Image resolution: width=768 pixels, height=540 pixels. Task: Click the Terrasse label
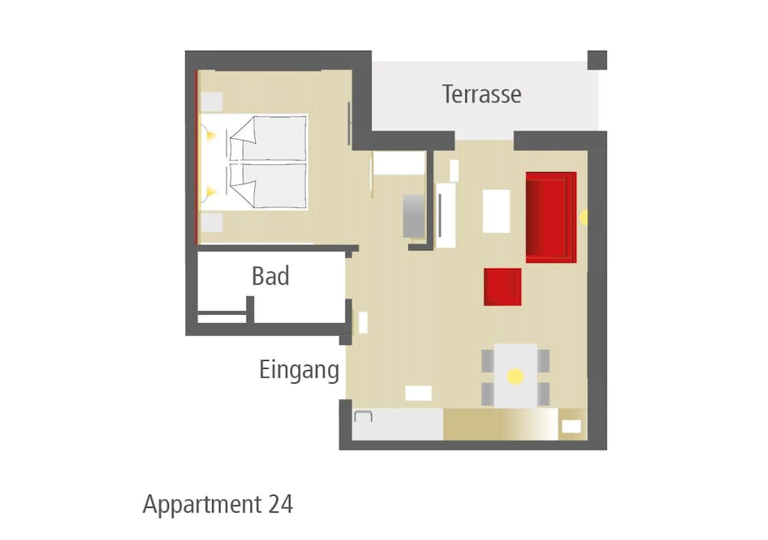click(x=482, y=94)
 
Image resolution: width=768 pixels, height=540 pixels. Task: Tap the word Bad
click(x=270, y=276)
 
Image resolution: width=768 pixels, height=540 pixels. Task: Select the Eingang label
click(x=299, y=370)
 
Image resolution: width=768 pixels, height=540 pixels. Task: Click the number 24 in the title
click(x=280, y=504)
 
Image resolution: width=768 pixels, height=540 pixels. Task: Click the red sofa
click(x=551, y=217)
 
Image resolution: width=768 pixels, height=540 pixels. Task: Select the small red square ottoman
click(x=502, y=287)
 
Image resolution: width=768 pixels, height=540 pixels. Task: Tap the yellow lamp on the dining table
click(x=515, y=376)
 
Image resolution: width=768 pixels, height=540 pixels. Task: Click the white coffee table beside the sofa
click(x=496, y=211)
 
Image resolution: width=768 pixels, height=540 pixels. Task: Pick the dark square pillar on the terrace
click(x=597, y=60)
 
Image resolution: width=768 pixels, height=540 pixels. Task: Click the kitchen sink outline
click(x=363, y=416)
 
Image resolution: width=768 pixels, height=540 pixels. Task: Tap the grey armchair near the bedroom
click(x=414, y=216)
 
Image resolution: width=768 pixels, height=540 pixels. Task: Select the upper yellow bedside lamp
click(x=210, y=134)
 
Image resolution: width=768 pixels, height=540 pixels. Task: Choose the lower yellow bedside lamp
click(x=210, y=191)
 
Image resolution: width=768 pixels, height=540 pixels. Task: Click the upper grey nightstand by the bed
click(x=212, y=102)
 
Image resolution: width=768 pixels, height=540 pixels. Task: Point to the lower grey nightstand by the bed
click(x=212, y=223)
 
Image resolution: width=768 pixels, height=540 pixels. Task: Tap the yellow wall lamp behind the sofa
click(x=584, y=217)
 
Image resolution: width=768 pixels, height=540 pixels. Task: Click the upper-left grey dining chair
click(x=488, y=361)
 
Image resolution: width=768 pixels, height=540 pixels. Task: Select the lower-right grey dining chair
click(x=543, y=394)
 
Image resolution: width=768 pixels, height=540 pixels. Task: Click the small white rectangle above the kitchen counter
click(x=419, y=393)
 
